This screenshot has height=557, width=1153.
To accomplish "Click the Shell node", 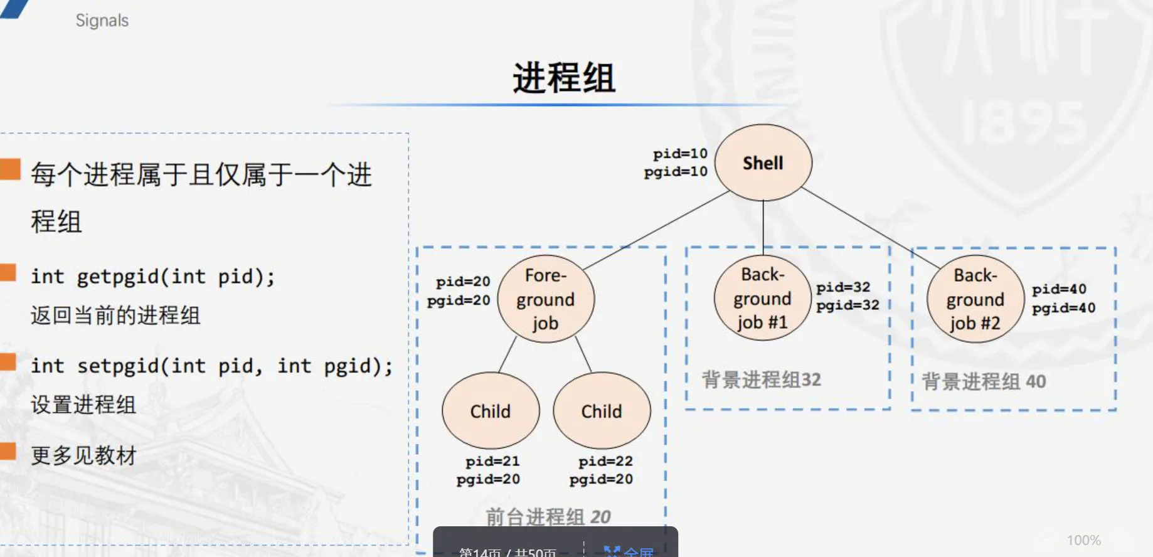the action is pyautogui.click(x=763, y=163).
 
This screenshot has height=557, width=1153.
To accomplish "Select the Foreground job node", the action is pyautogui.click(x=545, y=299).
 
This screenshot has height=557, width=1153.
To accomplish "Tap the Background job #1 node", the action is pyautogui.click(x=762, y=299).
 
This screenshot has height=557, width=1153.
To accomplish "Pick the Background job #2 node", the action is pyautogui.click(x=975, y=299).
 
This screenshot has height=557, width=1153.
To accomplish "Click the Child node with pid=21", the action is pyautogui.click(x=491, y=411).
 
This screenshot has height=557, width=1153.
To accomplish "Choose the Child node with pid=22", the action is pyautogui.click(x=602, y=411).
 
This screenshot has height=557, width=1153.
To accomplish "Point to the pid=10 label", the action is pyautogui.click(x=680, y=154).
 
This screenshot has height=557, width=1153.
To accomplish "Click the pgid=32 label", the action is pyautogui.click(x=847, y=305).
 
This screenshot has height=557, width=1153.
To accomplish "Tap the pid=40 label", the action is pyautogui.click(x=1059, y=289).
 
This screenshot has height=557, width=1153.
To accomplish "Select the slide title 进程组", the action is pyautogui.click(x=564, y=78).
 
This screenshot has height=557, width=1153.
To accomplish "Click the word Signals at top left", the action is pyautogui.click(x=102, y=21).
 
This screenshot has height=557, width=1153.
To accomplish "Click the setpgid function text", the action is pyautogui.click(x=211, y=366).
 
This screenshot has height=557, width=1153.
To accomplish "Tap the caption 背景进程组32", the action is pyautogui.click(x=761, y=379).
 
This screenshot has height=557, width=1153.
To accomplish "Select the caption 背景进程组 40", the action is pyautogui.click(x=984, y=381).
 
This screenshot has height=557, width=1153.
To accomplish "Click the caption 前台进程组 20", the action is pyautogui.click(x=548, y=516).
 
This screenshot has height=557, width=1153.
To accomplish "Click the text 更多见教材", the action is pyautogui.click(x=83, y=455).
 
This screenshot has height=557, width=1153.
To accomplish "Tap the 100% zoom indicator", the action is pyautogui.click(x=1083, y=540).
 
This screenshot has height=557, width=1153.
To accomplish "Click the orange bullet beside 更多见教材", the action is pyautogui.click(x=9, y=451).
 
